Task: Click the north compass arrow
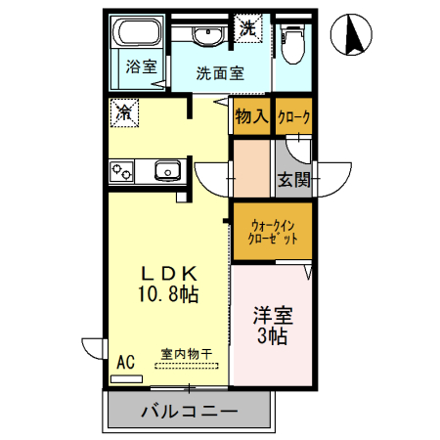point(353,37)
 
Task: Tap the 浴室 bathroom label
point(142,66)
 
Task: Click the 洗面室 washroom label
point(220,72)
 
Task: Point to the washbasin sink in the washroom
point(206,37)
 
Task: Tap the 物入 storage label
point(251,116)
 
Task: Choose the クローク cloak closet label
point(293,117)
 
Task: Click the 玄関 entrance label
point(293,179)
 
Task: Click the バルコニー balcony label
point(189,412)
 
